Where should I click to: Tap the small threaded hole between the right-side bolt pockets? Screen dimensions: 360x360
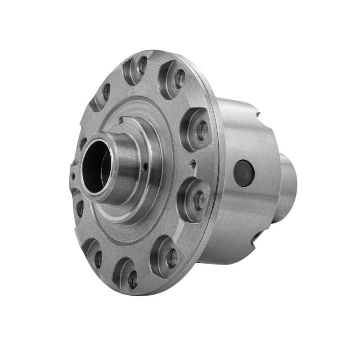(x=193, y=164)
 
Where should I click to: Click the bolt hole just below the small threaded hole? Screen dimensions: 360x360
(x=198, y=201)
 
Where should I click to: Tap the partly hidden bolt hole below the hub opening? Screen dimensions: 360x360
(x=80, y=208)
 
